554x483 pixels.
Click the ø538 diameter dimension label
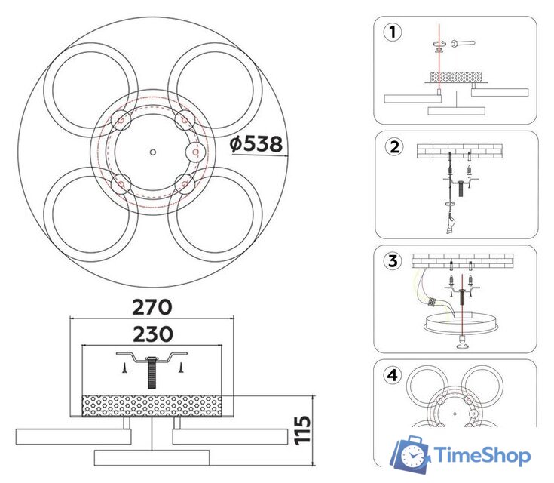tap(256, 143)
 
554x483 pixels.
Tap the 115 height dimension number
tap(302, 429)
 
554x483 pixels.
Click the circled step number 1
tap(392, 32)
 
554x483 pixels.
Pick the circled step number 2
tap(392, 147)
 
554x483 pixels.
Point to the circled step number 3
tap(392, 262)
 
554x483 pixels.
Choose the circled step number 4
tap(392, 375)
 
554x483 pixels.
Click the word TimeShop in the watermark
tap(482, 455)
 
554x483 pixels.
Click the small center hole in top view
tap(152, 152)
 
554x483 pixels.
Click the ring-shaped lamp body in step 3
tap(459, 323)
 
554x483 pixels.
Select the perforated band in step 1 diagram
tap(455, 77)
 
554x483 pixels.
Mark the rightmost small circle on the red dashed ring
tap(195, 152)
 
